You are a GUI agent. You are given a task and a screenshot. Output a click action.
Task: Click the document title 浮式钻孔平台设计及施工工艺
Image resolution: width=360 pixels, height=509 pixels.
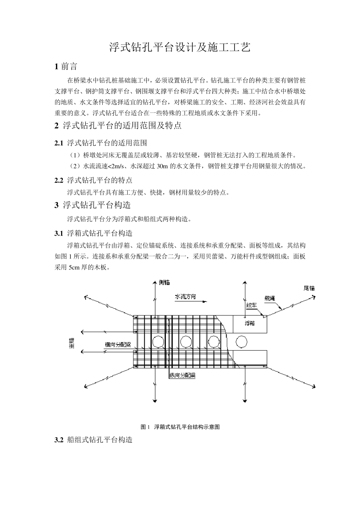coord(180,47)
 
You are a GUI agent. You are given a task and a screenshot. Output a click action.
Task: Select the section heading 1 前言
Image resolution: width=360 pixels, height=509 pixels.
coord(66,67)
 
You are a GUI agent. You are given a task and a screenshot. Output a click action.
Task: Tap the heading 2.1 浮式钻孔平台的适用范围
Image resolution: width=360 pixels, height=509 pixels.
coord(101,143)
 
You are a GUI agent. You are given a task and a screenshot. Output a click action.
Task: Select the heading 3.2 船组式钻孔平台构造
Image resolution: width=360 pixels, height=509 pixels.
coord(94,440)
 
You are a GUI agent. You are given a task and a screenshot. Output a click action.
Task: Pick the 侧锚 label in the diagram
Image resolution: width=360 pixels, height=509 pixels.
coord(164,283)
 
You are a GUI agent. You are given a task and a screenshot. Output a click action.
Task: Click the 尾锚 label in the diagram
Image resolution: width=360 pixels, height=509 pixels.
coord(309,288)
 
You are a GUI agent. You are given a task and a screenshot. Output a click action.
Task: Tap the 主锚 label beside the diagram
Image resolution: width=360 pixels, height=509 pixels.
coord(72,343)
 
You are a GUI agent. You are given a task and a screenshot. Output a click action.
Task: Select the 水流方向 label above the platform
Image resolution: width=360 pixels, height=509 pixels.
coord(185,297)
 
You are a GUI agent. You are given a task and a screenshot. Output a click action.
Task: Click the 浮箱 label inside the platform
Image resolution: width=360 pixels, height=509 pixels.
coord(249,323)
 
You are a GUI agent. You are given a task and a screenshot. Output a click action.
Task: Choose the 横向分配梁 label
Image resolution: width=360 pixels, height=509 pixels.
coord(118,345)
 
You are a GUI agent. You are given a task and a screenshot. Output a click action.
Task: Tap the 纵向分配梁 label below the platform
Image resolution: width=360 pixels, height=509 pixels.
coord(182,376)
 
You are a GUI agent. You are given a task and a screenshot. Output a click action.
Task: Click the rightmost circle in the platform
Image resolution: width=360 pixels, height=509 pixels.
coord(241,342)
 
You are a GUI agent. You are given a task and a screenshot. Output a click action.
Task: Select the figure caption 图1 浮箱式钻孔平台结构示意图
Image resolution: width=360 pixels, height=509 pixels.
coord(180,427)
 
